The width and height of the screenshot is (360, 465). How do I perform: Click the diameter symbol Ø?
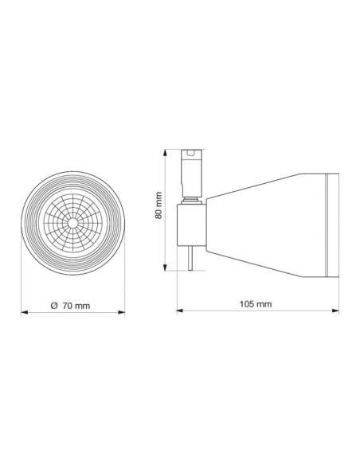(x=53, y=306)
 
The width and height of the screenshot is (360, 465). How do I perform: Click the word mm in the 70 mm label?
(x=80, y=306)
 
